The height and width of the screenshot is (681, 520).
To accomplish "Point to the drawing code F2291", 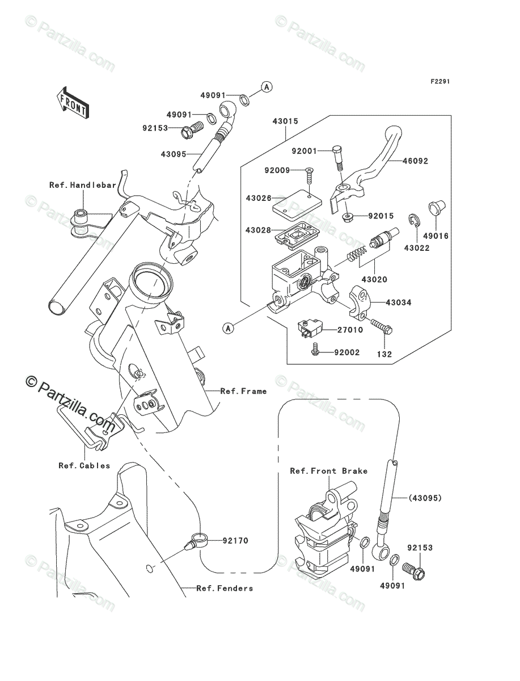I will point(439,82).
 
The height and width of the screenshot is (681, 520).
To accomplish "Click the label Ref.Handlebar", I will point(82,185).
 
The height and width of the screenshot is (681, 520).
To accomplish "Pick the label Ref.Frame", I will point(243,391).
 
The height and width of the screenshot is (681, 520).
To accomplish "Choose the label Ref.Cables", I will point(84,465).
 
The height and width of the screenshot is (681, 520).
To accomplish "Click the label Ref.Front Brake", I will point(328,471).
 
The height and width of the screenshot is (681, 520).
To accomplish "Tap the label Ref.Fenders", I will point(225,588).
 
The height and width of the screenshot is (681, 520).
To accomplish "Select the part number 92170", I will point(235,541).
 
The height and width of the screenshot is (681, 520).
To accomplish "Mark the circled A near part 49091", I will point(267,87).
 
